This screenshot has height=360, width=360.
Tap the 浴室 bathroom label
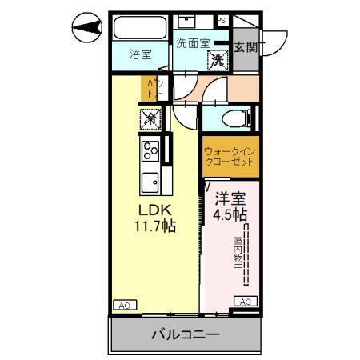coord(141,56)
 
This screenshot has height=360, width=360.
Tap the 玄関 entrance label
coord(246,47)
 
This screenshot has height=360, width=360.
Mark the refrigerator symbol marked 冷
coord(150,118)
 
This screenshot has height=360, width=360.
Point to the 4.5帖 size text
coord(230,214)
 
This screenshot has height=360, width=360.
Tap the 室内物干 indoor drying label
coord(238,251)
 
